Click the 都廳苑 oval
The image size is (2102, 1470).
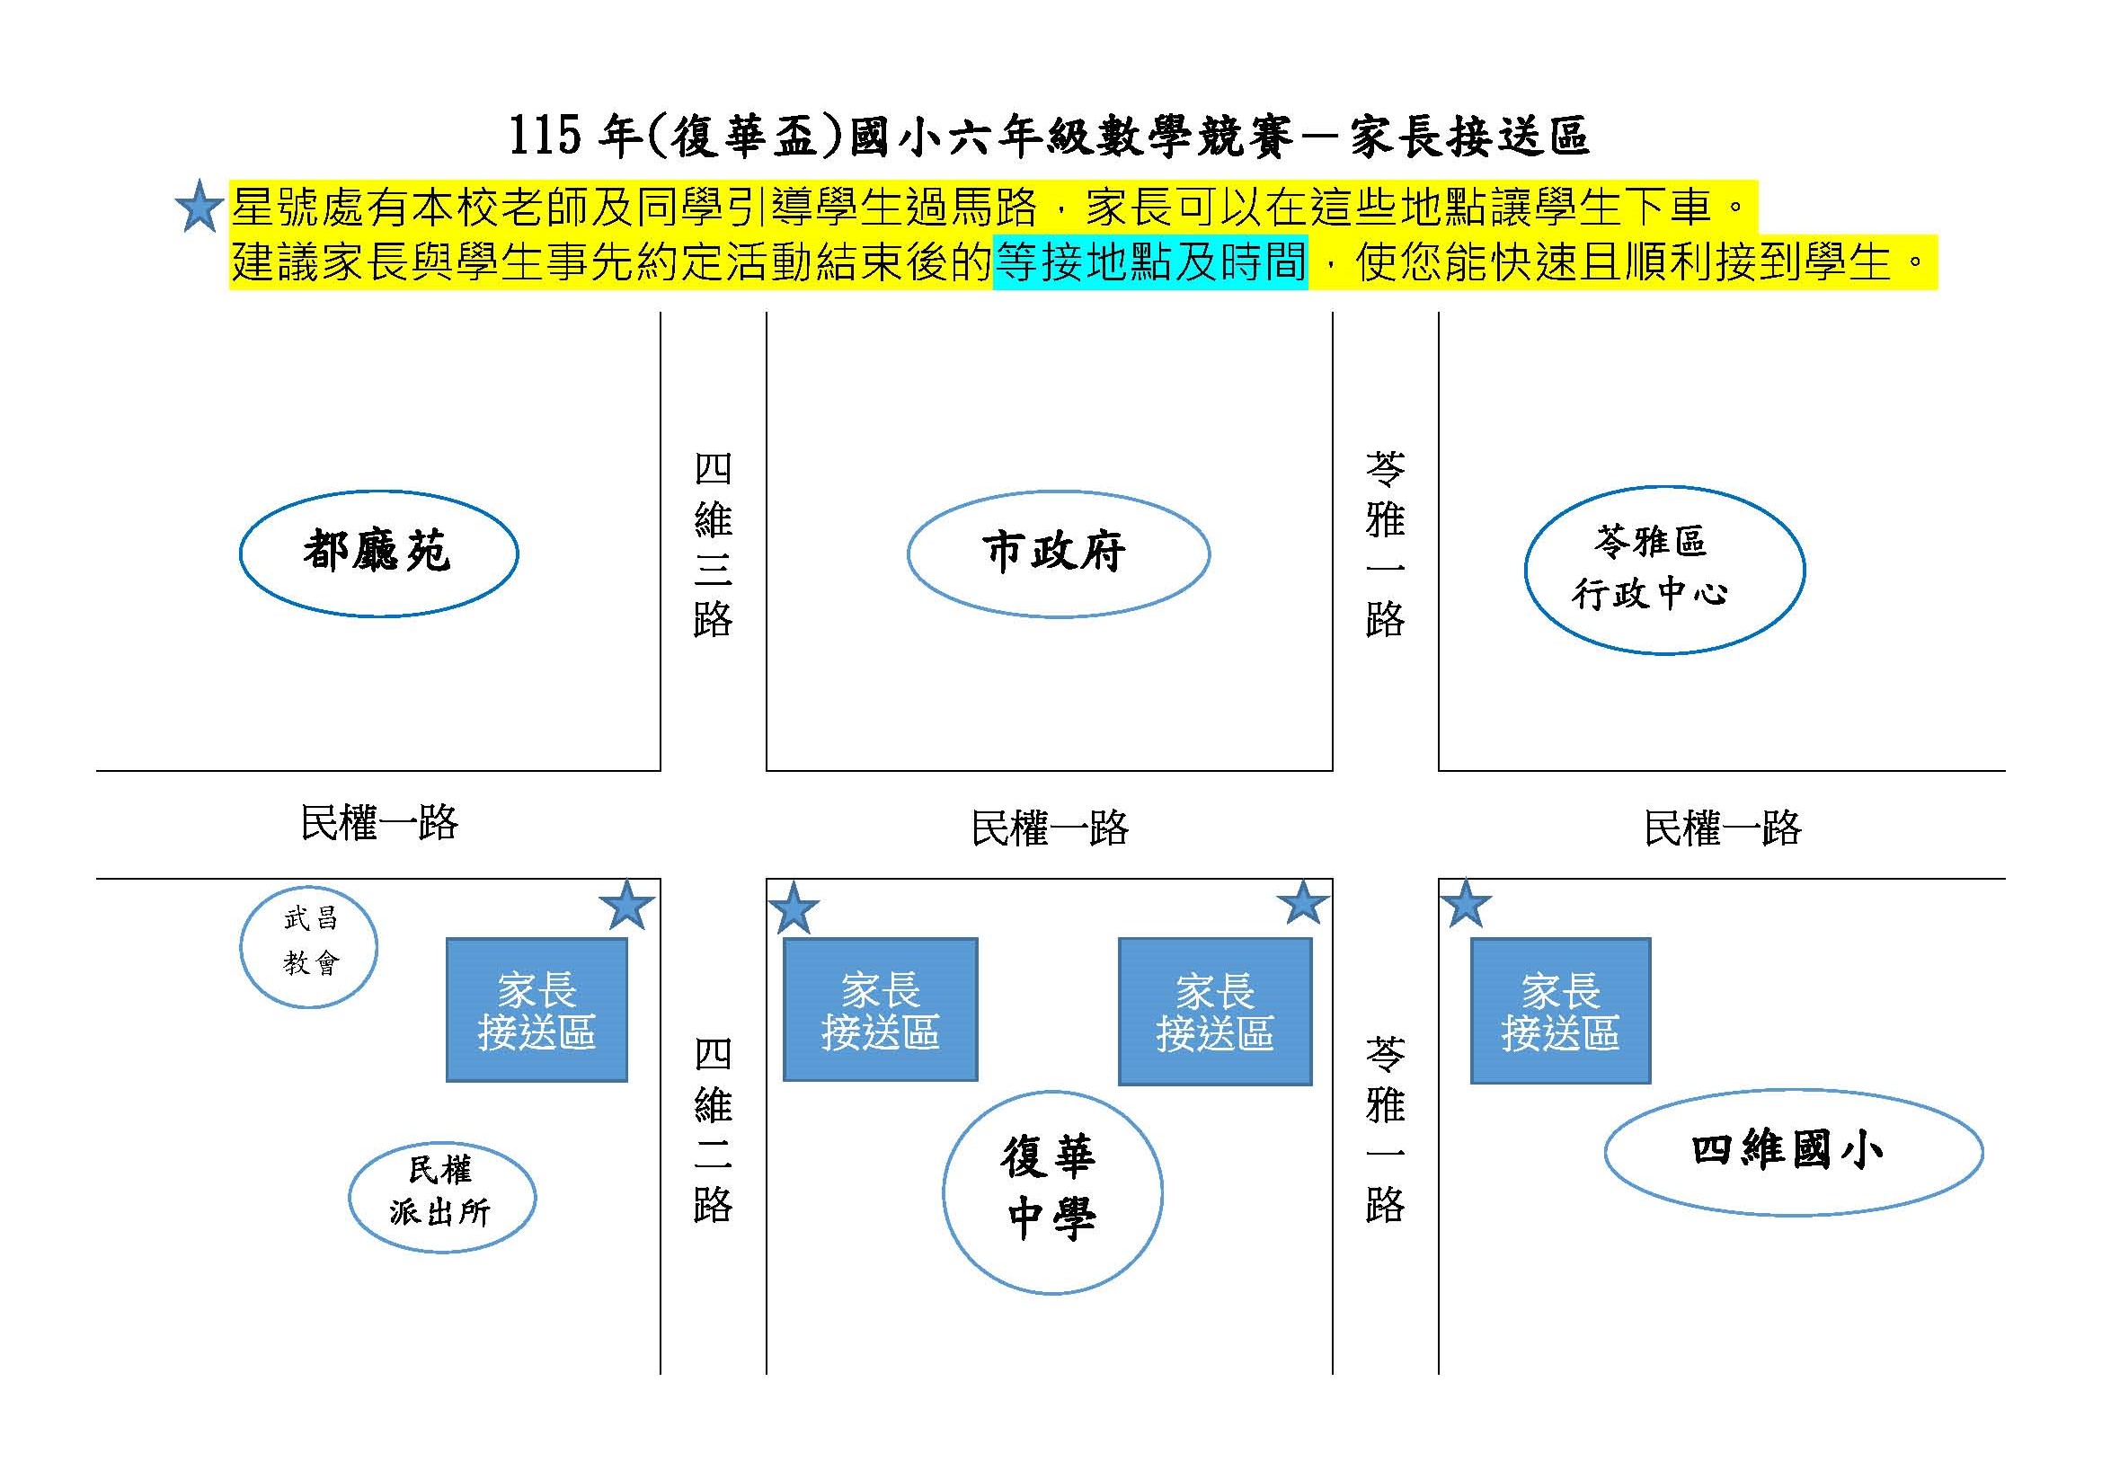point(378,553)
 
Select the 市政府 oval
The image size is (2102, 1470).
point(1058,553)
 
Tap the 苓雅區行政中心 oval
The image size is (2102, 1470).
point(1663,570)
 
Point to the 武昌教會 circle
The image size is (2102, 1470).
point(308,946)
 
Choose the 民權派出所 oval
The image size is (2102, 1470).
point(441,1195)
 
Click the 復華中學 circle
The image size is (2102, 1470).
point(1052,1191)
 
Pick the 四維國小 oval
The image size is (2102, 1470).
point(1793,1151)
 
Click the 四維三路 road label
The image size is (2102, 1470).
point(713,545)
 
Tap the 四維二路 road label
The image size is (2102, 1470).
point(713,1130)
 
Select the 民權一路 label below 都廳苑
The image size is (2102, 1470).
point(379,823)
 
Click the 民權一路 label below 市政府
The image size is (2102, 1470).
point(1049,828)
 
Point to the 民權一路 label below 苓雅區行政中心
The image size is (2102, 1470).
point(1722,828)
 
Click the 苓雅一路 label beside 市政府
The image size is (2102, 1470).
point(1384,545)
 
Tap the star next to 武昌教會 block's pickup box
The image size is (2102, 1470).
point(627,905)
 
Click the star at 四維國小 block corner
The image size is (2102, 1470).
point(1466,904)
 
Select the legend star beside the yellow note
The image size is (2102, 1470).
point(199,208)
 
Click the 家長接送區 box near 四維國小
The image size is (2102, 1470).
point(1560,1011)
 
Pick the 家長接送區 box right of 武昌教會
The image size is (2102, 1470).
point(537,1010)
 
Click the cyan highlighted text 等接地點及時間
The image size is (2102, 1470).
point(1150,262)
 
